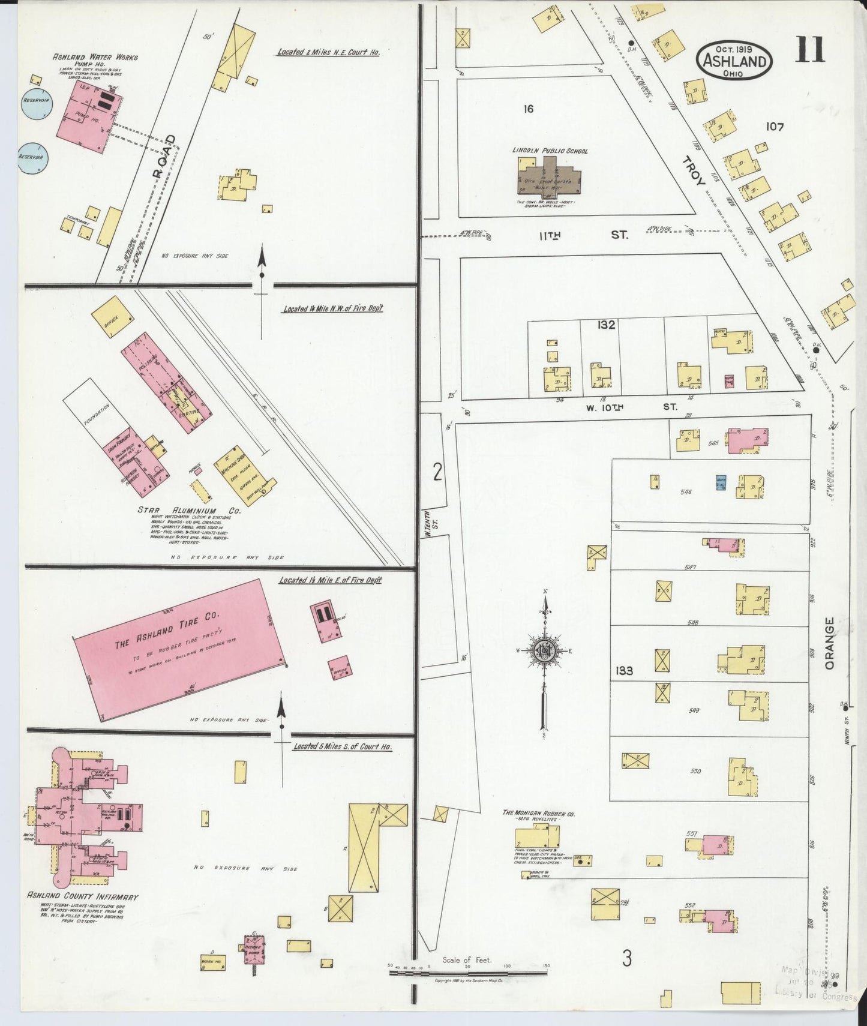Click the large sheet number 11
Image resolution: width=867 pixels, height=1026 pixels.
(810, 49)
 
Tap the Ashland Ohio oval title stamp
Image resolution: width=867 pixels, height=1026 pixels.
(734, 61)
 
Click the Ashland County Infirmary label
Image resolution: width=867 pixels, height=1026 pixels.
(82, 896)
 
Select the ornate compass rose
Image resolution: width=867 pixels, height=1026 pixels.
(544, 651)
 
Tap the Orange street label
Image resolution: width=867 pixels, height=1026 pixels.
(830, 643)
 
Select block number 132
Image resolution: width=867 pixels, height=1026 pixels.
(606, 325)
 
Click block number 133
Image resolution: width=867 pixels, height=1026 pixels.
(624, 670)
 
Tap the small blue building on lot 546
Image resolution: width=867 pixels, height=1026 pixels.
(722, 482)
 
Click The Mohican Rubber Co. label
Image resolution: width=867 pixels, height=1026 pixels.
(538, 814)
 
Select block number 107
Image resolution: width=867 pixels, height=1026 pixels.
(775, 127)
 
